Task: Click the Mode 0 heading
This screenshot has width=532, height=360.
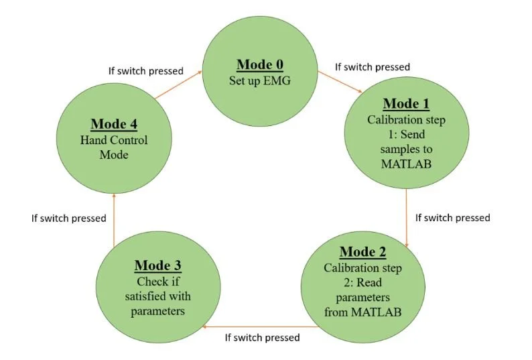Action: [260, 65]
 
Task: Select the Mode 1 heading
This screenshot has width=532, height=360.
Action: [406, 105]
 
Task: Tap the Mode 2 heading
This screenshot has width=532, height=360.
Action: [362, 253]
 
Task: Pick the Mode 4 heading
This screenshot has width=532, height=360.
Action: [114, 125]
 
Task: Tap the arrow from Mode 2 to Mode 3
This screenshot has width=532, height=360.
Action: [262, 326]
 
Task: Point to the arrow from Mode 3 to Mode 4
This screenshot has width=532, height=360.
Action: [114, 219]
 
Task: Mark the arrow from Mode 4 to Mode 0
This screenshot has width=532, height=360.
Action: [178, 86]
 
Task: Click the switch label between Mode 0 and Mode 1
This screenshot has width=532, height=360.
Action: [372, 67]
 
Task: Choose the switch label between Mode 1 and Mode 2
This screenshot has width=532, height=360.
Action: [453, 218]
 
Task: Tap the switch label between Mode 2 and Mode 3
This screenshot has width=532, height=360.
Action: [262, 338]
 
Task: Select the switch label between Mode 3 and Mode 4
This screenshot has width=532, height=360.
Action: [69, 218]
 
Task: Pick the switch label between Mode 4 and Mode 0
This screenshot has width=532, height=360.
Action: [146, 70]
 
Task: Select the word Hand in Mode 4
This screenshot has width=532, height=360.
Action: [94, 140]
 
